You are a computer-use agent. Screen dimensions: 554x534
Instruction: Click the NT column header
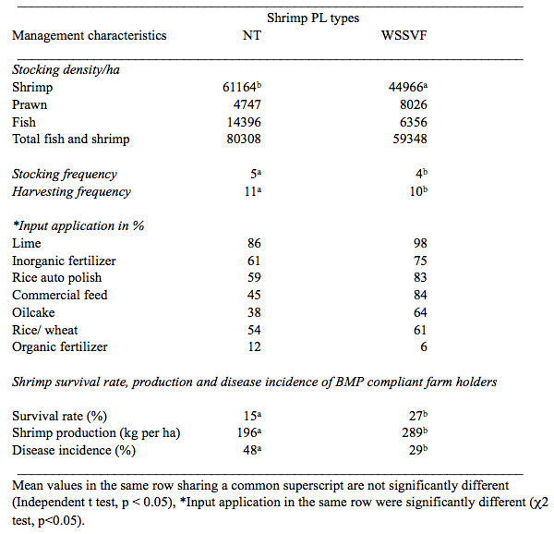point(252,35)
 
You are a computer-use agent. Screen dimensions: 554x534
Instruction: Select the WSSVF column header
point(403,35)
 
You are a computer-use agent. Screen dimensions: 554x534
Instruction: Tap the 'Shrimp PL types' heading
point(313,18)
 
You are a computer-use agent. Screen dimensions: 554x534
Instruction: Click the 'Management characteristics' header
point(90,35)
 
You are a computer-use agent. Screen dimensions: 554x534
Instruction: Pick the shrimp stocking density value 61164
point(242,87)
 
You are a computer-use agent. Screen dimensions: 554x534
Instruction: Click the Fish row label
point(24,122)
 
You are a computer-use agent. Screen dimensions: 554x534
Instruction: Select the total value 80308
point(244,139)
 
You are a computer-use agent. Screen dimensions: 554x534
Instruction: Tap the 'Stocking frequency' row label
point(65,174)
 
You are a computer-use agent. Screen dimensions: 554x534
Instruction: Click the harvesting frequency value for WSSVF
point(418,191)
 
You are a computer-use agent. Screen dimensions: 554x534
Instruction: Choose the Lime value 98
point(420,243)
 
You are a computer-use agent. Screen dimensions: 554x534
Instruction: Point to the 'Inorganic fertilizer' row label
point(64,261)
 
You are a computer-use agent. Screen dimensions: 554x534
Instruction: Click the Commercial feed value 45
point(254,295)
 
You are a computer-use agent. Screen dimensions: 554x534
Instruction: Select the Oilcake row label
point(33,312)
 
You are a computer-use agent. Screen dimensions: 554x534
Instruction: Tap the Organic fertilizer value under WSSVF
point(424,346)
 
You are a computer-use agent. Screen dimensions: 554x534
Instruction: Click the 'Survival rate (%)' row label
point(60,416)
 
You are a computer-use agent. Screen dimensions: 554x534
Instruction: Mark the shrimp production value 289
point(415,432)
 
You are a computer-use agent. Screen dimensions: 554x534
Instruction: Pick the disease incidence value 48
point(252,450)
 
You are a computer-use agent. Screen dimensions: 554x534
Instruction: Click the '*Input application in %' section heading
point(78,225)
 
